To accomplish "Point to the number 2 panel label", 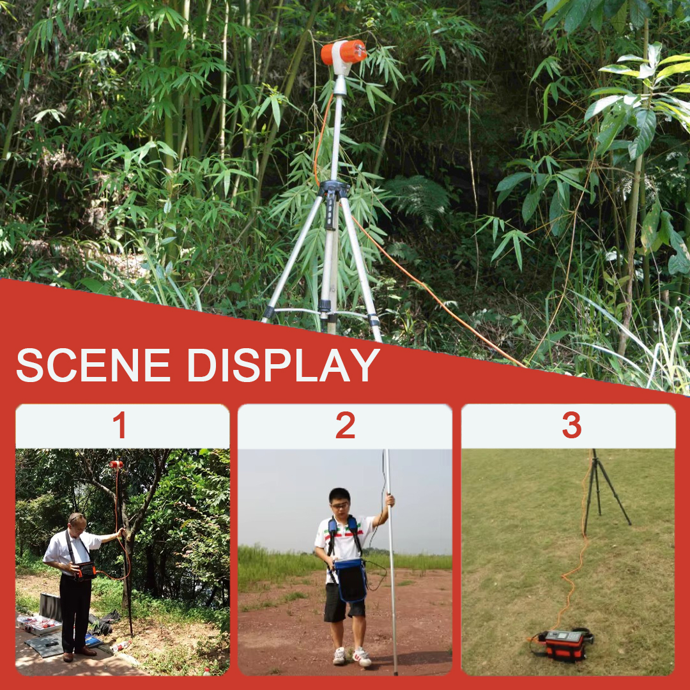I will coord(345,426).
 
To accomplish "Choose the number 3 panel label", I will coord(571,426).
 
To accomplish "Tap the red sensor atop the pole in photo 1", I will coord(116,464).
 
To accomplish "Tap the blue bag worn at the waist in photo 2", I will coord(351,578).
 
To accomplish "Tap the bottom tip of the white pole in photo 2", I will coord(396,672).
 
